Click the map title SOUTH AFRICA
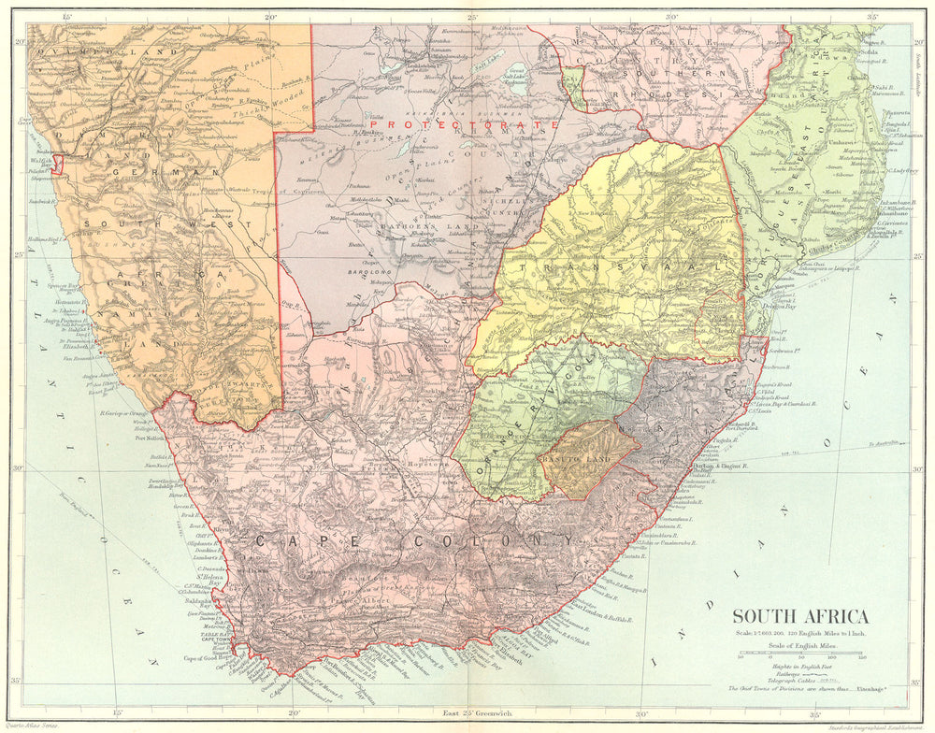click(799, 616)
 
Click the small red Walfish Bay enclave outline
click(57, 165)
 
